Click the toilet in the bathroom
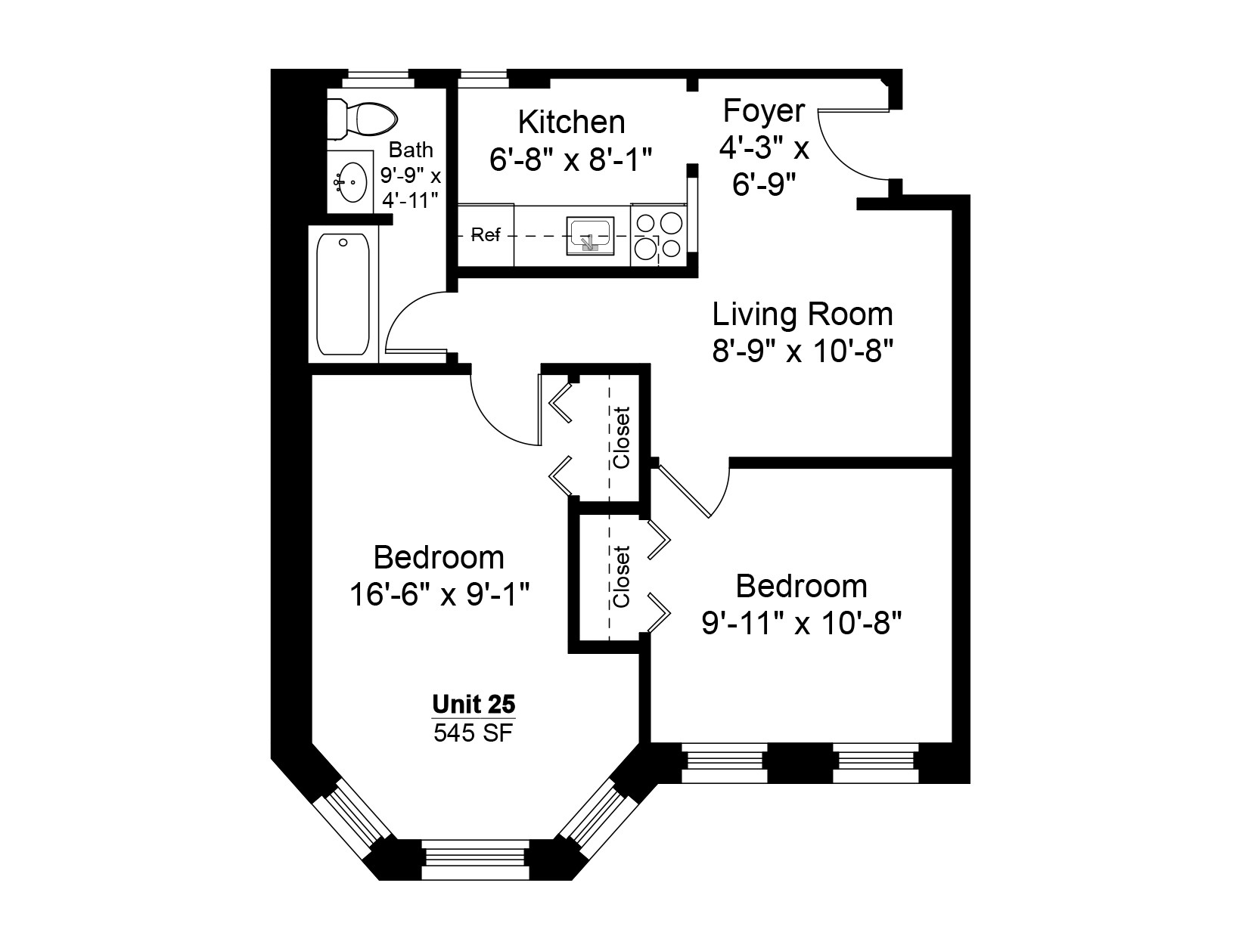362,119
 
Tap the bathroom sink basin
350,182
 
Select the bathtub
343,294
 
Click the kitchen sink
590,235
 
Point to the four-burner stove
659,235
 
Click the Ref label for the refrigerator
486,234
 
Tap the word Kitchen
571,122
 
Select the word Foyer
763,110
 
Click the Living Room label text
803,314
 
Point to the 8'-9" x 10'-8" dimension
803,350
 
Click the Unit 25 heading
474,704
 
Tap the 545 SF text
474,733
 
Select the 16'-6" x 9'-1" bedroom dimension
439,594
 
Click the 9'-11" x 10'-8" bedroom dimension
802,623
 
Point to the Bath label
411,150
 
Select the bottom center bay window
476,860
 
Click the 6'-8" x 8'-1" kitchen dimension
571,159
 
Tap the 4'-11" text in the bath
410,200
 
